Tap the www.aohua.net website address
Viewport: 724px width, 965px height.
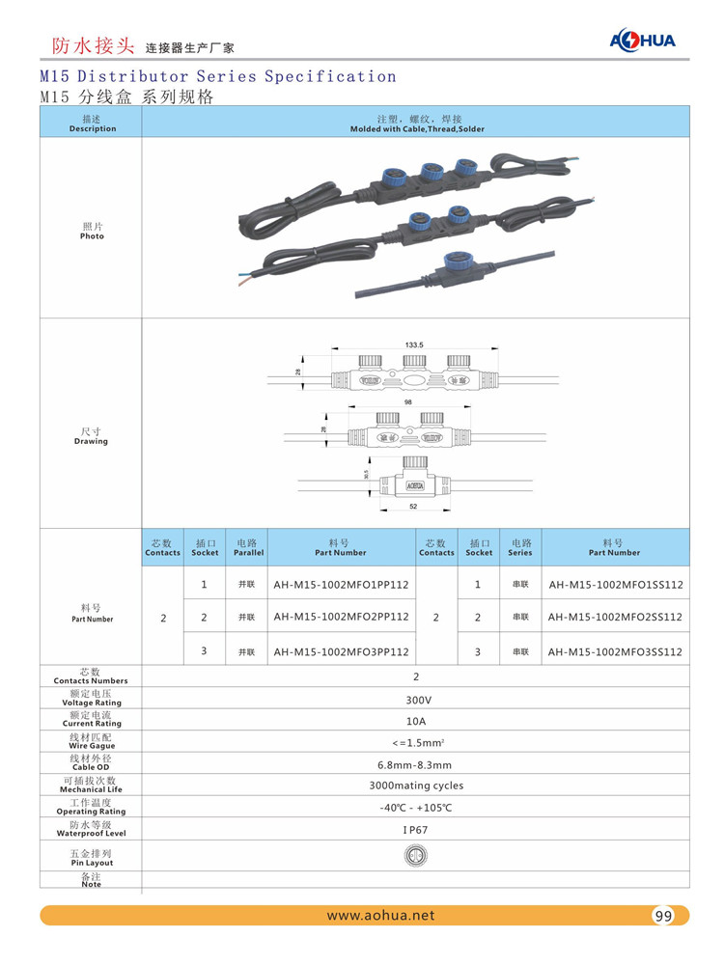(381, 916)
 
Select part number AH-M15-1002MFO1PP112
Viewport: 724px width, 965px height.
(341, 585)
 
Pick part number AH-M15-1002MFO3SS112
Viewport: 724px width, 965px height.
(615, 652)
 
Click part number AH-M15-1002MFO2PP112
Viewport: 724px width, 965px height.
(341, 617)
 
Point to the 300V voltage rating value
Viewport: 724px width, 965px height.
(417, 700)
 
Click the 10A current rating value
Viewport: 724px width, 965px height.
(417, 720)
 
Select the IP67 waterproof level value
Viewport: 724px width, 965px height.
(417, 829)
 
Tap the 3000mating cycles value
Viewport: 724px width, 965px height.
(416, 786)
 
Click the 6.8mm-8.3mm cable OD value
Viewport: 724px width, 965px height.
(416, 764)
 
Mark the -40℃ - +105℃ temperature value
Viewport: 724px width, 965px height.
(416, 807)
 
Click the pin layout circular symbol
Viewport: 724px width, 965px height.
(416, 855)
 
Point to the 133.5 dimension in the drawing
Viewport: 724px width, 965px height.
(415, 345)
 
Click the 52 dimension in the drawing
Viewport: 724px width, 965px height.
(412, 506)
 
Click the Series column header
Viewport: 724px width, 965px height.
(520, 548)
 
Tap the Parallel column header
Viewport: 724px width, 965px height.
(248, 548)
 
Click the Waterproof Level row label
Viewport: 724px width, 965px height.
(93, 829)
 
